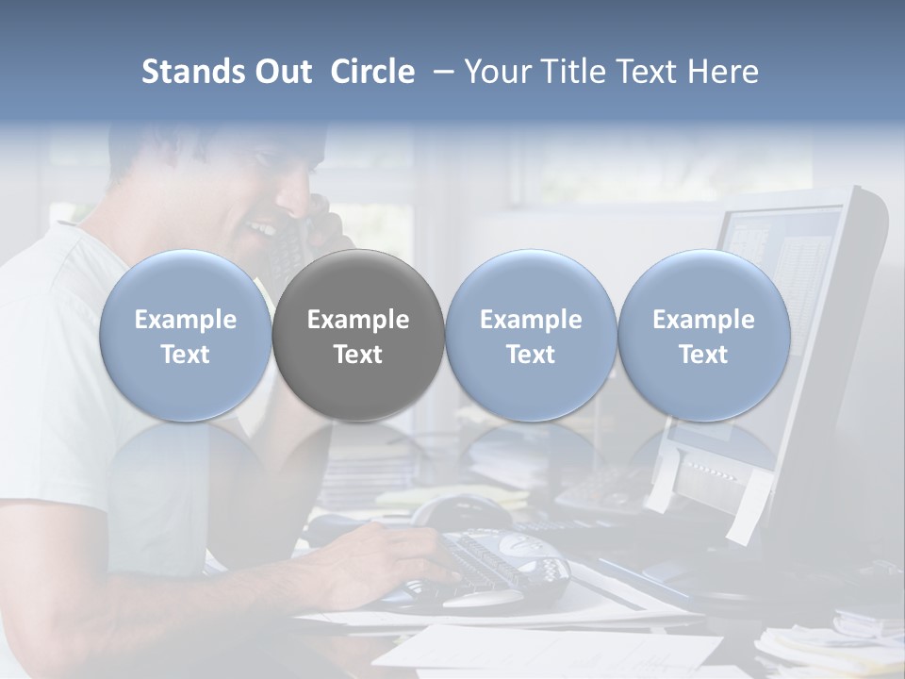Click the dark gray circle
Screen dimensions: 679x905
[x=358, y=336]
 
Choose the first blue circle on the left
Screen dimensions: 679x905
[x=186, y=336]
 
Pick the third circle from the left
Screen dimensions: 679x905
[x=531, y=336]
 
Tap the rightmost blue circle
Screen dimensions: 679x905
[x=703, y=336]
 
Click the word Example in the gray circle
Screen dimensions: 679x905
[x=358, y=320]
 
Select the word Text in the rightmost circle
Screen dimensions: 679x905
[x=703, y=355]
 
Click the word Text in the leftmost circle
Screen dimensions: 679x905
[x=186, y=355]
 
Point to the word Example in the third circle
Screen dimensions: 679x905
[x=531, y=320]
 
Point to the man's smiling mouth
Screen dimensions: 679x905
[x=260, y=229]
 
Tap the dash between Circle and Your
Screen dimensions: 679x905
[x=441, y=72]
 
